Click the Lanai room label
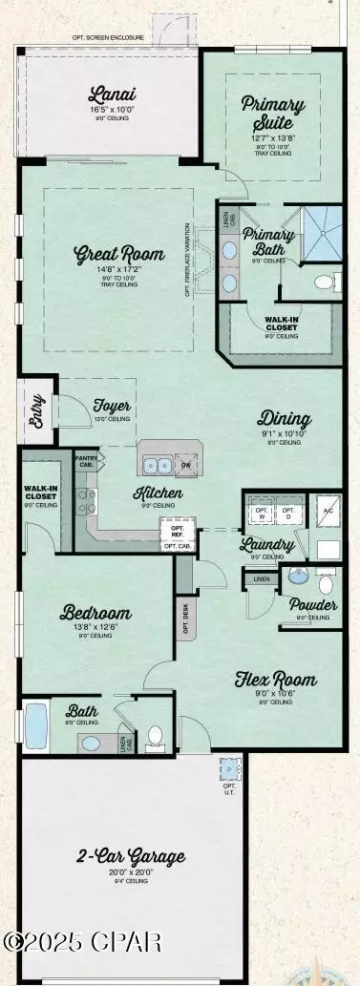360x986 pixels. [111, 94]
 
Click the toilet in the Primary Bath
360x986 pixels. [325, 282]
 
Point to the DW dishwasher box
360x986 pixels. [186, 465]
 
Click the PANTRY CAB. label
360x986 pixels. [88, 460]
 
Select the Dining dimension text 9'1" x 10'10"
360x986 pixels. [284, 434]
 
